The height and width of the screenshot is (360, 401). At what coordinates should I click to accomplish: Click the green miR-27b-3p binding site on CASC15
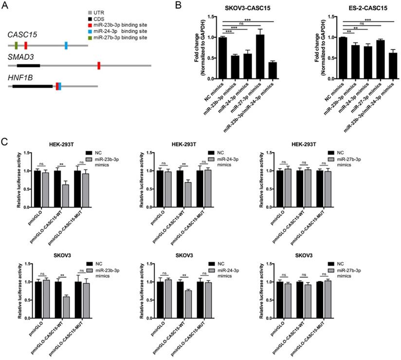click(x=16, y=45)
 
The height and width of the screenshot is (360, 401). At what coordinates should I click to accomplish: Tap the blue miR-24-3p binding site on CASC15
click(x=66, y=45)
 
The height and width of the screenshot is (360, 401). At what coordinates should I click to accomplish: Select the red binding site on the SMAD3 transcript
click(x=98, y=65)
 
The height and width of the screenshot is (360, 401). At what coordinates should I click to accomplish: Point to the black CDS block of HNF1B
click(x=32, y=86)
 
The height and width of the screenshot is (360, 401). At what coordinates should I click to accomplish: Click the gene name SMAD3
click(x=18, y=57)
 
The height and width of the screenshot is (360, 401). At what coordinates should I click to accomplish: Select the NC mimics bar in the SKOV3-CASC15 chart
click(x=222, y=58)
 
